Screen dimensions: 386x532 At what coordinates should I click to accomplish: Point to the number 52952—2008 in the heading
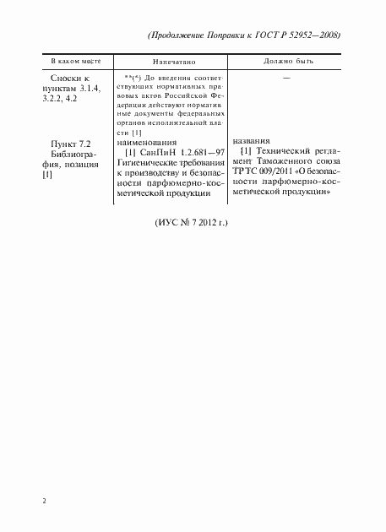(x=316, y=37)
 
